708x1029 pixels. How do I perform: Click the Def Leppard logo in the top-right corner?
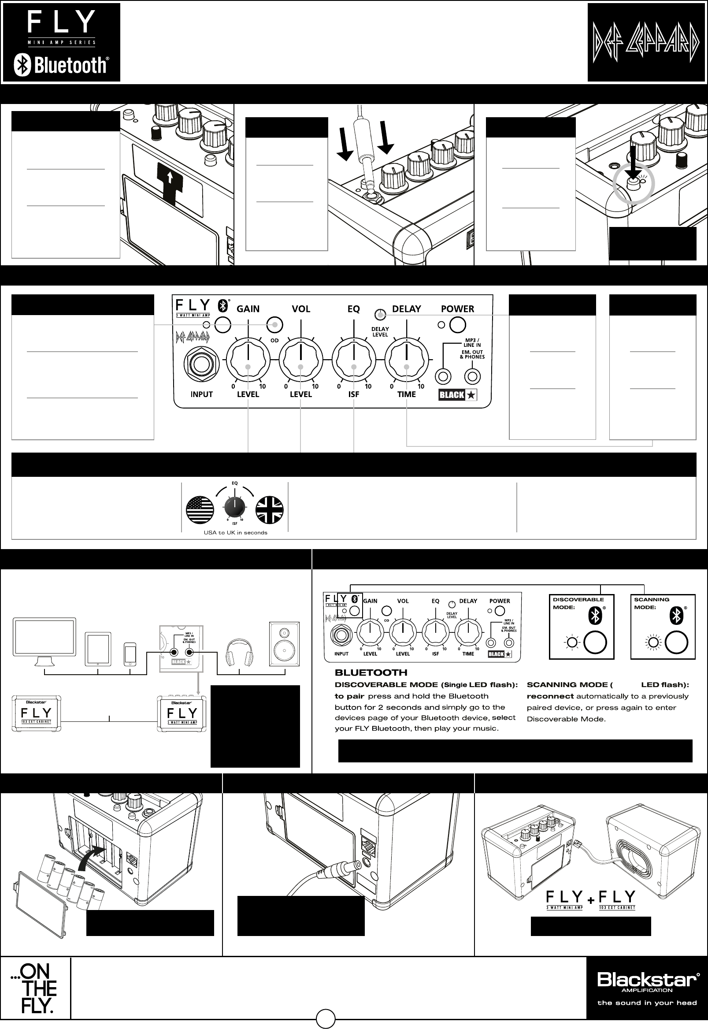tap(646, 43)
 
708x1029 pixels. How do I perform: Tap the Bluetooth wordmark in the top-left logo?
tap(70, 65)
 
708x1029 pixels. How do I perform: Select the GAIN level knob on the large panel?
tap(248, 359)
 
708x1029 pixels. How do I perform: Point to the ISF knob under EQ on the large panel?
tap(353, 359)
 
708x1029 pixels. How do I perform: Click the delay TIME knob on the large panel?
tap(406, 359)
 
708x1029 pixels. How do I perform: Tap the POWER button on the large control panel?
tap(457, 325)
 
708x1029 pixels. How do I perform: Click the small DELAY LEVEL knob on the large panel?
tap(379, 315)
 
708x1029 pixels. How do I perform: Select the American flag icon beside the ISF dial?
tap(200, 509)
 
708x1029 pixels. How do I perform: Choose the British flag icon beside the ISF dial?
tap(269, 509)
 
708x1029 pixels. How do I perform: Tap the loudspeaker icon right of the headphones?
tap(284, 644)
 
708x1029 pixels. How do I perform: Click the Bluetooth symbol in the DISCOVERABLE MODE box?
tap(594, 616)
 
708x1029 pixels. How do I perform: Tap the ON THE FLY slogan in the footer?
tap(35, 988)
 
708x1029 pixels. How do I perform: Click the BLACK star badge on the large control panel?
tap(457, 394)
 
